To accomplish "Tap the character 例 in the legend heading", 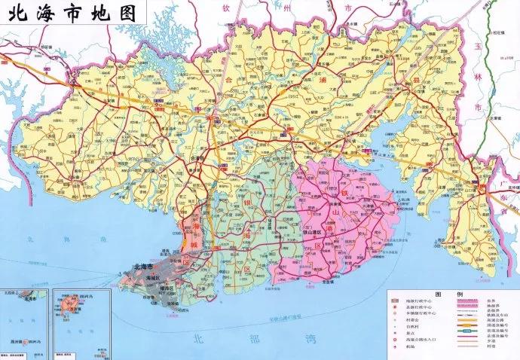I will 461,294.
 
